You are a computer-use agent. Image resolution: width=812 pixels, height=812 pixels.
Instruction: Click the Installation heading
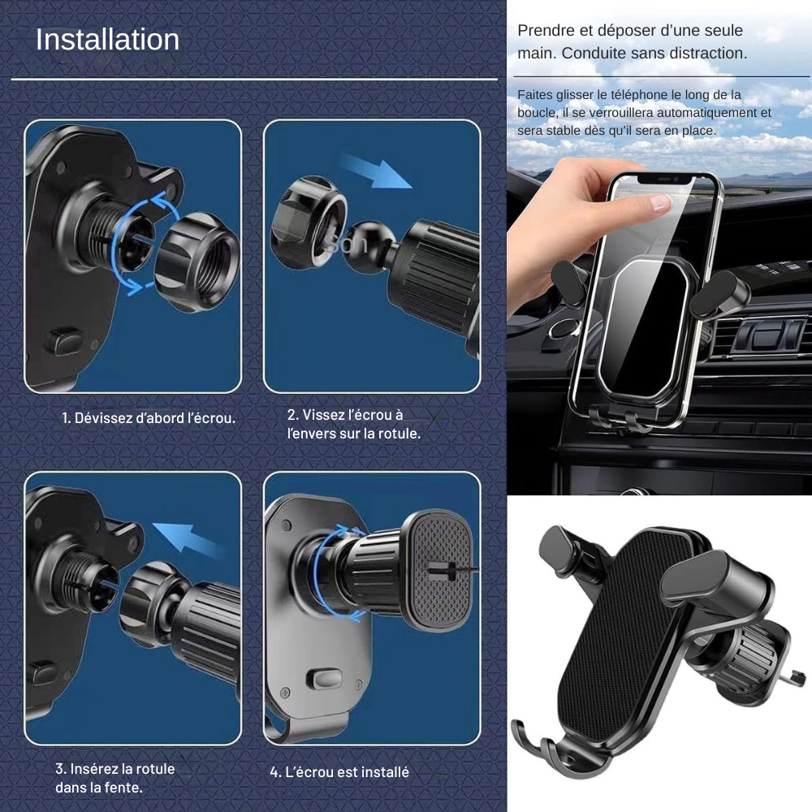coord(107,39)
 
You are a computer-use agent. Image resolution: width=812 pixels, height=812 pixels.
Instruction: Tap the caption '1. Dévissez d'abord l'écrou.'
coord(149,418)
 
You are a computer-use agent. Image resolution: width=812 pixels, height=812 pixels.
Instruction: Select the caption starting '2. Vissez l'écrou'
coord(354,424)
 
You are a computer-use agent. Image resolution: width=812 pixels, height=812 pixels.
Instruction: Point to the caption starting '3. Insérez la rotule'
coord(115,778)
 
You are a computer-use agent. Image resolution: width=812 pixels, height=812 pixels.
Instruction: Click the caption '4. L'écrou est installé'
coord(339,772)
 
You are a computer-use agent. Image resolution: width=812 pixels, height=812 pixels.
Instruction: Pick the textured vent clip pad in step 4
coord(439,570)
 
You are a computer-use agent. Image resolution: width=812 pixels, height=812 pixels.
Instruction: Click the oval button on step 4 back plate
coord(324,679)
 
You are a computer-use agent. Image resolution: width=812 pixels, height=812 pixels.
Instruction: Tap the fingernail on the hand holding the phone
coord(660,202)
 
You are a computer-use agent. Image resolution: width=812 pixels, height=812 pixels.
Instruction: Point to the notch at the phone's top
coord(666,179)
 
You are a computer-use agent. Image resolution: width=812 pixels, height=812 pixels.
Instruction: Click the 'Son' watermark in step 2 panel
coord(348,244)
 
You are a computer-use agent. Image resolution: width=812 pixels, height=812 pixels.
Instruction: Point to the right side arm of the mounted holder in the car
coord(719,293)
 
